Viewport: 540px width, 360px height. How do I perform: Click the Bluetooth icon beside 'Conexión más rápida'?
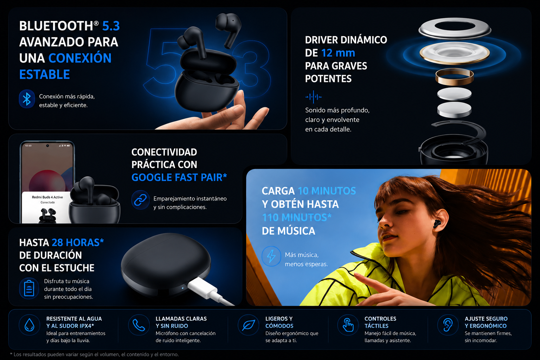click(27, 99)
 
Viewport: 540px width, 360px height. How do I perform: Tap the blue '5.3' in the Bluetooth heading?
click(111, 26)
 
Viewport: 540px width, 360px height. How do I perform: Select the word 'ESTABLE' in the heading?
click(45, 74)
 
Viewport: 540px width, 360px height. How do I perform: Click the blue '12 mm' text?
click(338, 53)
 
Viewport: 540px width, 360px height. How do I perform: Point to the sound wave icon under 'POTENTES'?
click(313, 97)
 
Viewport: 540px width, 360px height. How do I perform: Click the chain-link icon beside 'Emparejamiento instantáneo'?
click(140, 200)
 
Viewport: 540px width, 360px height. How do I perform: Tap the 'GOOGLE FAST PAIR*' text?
click(179, 177)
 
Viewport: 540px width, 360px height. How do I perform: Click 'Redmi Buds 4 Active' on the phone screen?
click(47, 197)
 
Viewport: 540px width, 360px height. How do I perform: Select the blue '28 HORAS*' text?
click(78, 243)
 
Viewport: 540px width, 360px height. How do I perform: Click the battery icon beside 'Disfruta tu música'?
click(29, 288)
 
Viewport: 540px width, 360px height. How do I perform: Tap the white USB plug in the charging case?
click(203, 287)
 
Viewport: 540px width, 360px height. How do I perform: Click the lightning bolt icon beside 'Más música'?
click(271, 256)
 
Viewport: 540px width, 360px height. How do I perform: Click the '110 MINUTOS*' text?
click(296, 217)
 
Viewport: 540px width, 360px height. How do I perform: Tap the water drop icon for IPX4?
click(30, 325)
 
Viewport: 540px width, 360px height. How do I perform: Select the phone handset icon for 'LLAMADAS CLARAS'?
click(139, 325)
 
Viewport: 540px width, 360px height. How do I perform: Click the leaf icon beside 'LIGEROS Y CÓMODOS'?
click(248, 325)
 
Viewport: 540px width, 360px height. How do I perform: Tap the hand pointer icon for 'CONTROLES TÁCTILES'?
click(348, 325)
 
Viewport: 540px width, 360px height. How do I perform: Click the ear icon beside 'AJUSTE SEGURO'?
click(448, 325)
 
